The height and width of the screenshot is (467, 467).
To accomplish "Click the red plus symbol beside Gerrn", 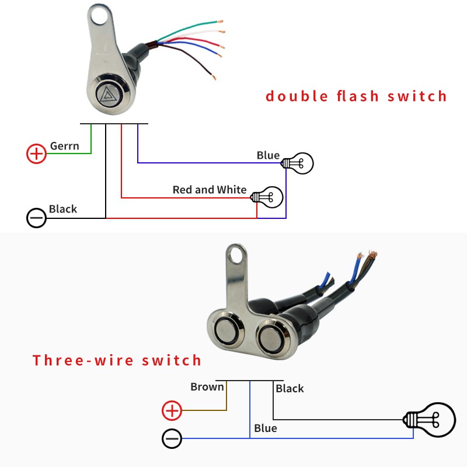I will [37, 154].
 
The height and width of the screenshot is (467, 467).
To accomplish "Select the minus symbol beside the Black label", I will [37, 218].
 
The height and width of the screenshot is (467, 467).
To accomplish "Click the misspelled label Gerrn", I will [64, 146].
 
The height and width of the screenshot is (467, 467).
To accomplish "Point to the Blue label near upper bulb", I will [268, 155].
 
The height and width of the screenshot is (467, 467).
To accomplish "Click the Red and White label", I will [210, 190].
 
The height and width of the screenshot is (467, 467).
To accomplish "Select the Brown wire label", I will [207, 386].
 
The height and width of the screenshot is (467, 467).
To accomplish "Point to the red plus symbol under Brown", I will [172, 411].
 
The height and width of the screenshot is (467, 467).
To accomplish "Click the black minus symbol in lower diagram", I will [172, 438].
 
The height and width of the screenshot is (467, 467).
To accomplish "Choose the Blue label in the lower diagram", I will [266, 428].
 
